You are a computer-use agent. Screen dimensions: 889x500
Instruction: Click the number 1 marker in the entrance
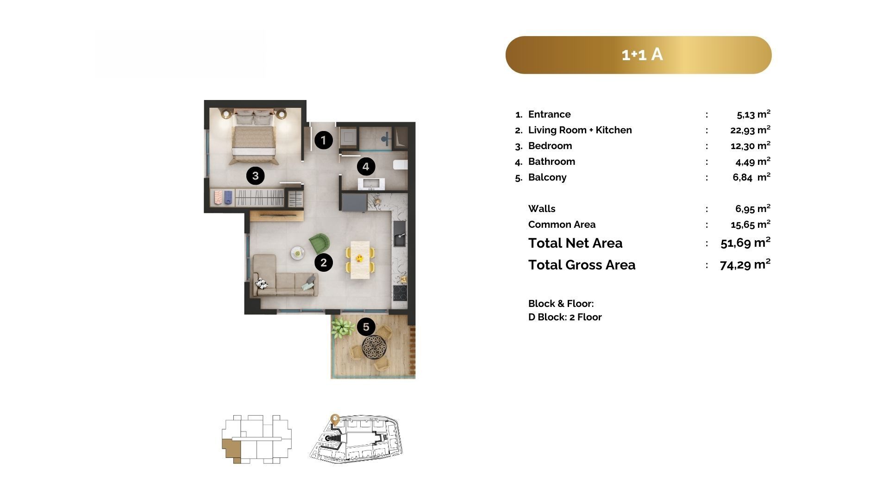coord(324,140)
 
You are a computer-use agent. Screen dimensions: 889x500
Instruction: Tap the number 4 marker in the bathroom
coord(366,167)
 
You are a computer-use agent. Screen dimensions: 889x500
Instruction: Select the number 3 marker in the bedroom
coord(255,175)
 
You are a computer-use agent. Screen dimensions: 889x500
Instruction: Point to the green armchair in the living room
coord(319,244)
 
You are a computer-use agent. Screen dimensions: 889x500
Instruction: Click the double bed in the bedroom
coord(254,137)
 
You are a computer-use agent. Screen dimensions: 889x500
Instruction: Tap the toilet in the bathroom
coord(400,164)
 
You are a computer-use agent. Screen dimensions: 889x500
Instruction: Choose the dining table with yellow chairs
coord(360,260)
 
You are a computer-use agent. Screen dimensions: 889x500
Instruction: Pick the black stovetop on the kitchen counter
coord(400,293)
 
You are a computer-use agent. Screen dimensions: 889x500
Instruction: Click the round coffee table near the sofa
coord(297,253)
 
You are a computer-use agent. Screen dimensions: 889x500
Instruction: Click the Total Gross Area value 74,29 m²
coord(745,264)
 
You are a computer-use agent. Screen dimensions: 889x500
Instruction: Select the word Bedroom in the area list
coord(550,146)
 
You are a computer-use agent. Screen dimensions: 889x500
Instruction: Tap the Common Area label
coord(562,225)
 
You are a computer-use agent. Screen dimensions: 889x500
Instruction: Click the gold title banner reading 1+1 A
coord(639,55)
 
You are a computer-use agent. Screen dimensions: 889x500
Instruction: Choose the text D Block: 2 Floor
coord(565,317)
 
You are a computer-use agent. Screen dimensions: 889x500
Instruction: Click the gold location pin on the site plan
coord(335,420)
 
